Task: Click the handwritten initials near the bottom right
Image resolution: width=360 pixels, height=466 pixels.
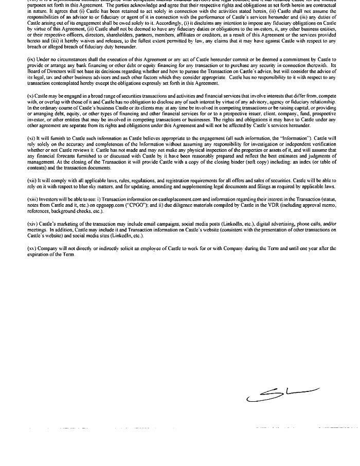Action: coord(282,395)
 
